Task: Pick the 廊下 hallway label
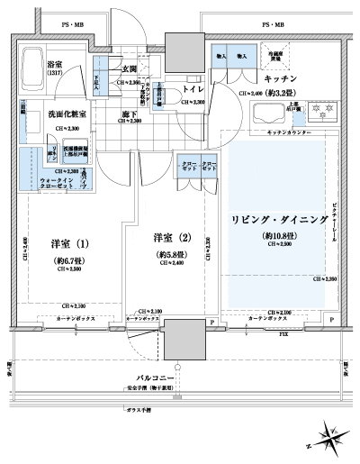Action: pos(132,114)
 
